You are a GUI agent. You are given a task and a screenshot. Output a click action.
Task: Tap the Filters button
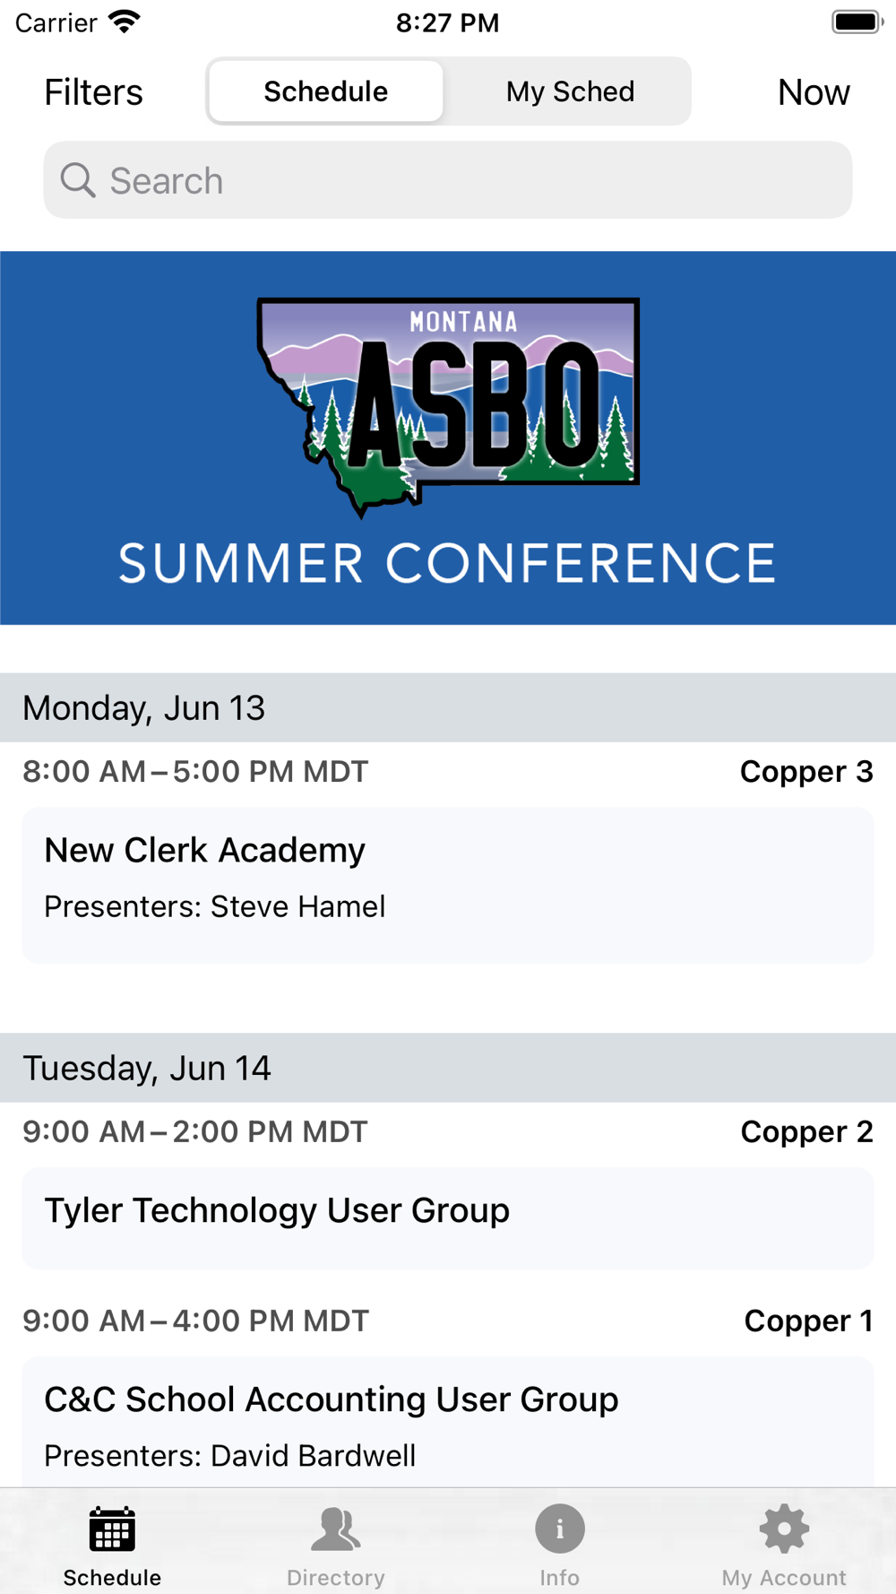point(93,92)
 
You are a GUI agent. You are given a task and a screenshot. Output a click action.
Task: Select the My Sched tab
point(570,91)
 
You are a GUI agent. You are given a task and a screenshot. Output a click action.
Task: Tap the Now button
point(814,92)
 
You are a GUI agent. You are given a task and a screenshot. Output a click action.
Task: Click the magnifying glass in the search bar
point(78,180)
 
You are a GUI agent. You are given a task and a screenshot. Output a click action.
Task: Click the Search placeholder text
point(167,181)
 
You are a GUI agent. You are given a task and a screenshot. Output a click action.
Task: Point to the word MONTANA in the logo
point(463,322)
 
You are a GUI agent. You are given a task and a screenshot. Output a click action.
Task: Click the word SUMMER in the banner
point(241,564)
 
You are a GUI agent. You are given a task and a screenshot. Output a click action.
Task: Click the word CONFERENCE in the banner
point(581,564)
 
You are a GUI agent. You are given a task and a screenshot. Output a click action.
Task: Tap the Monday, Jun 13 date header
point(144,708)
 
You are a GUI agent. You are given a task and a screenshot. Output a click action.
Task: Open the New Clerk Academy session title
point(205,850)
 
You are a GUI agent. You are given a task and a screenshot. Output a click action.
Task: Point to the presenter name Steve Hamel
point(298,906)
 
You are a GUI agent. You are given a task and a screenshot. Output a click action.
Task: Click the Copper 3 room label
point(806,772)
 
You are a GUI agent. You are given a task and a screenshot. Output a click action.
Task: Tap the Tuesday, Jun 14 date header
point(147,1069)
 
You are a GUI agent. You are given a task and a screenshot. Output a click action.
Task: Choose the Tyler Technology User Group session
point(277,1210)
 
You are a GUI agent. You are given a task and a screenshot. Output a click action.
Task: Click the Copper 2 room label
point(806,1132)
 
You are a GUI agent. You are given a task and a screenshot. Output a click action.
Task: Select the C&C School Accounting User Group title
point(332,1399)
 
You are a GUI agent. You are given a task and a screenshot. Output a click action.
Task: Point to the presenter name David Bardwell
point(314,1456)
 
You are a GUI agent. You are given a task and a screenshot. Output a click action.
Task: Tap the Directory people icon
point(336,1529)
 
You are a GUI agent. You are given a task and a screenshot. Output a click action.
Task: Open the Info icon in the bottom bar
point(560,1529)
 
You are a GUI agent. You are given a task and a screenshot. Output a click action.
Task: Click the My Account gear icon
point(784,1529)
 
